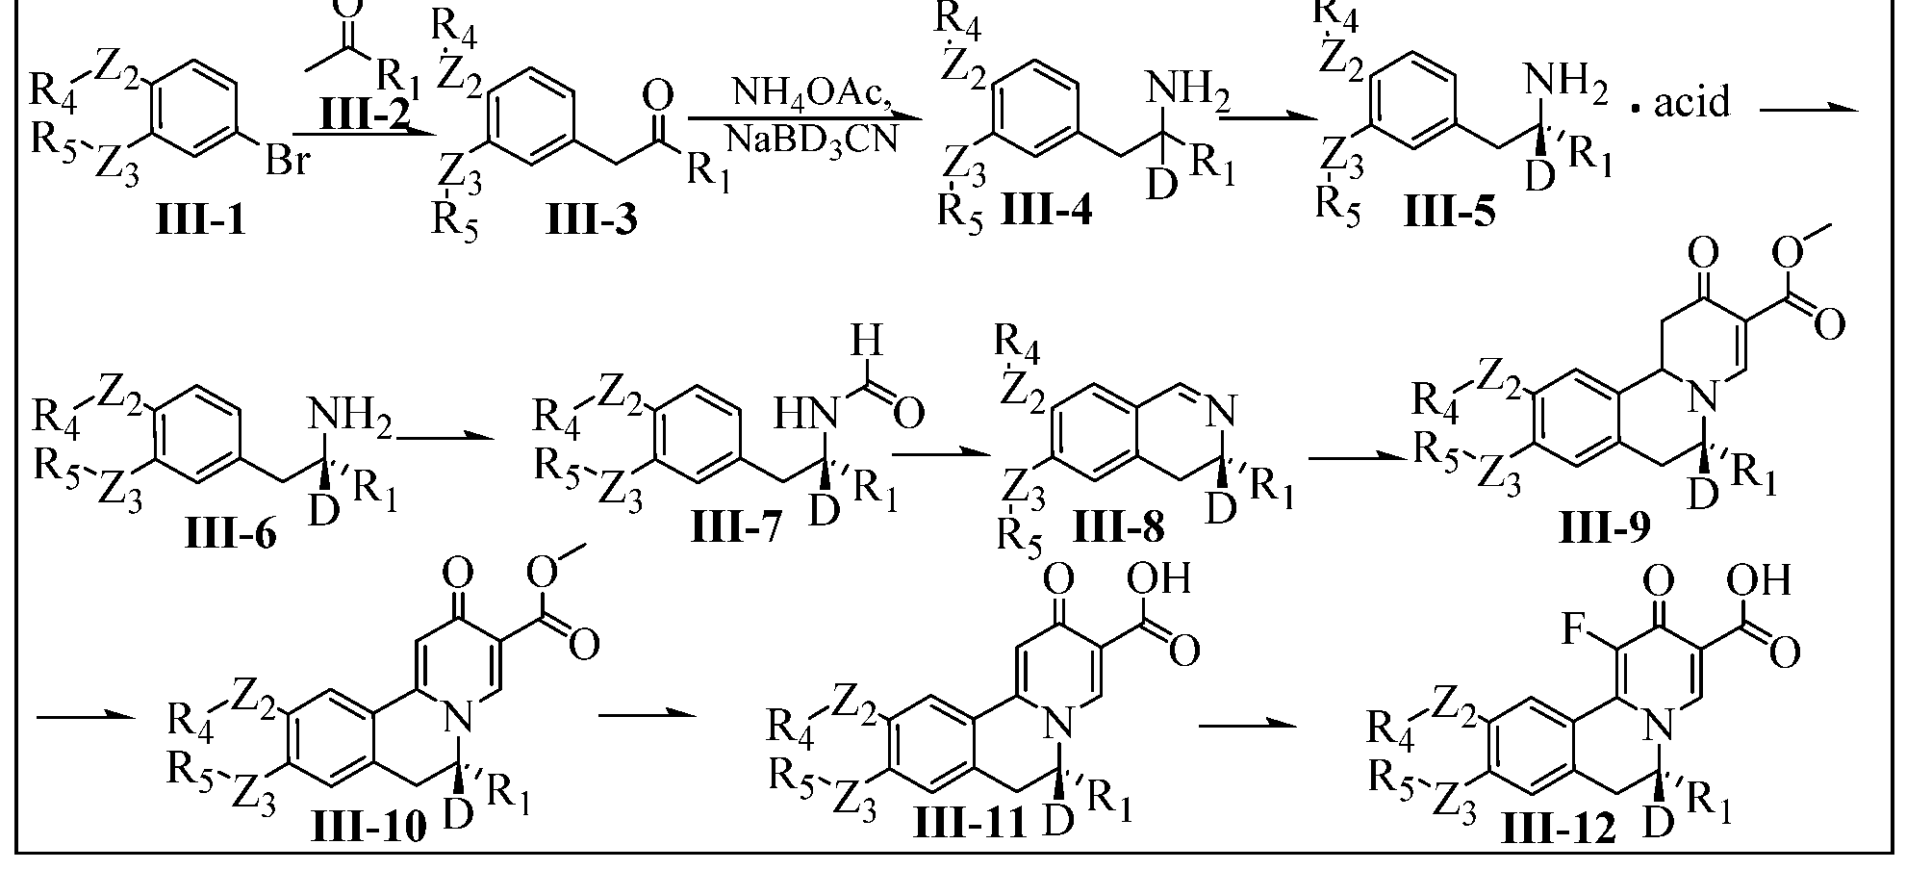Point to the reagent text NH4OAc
pyautogui.click(x=814, y=93)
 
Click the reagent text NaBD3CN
pyautogui.click(x=812, y=140)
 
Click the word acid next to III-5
pyautogui.click(x=1692, y=101)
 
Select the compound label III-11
pyautogui.click(x=969, y=827)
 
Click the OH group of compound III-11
pyautogui.click(x=1159, y=578)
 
